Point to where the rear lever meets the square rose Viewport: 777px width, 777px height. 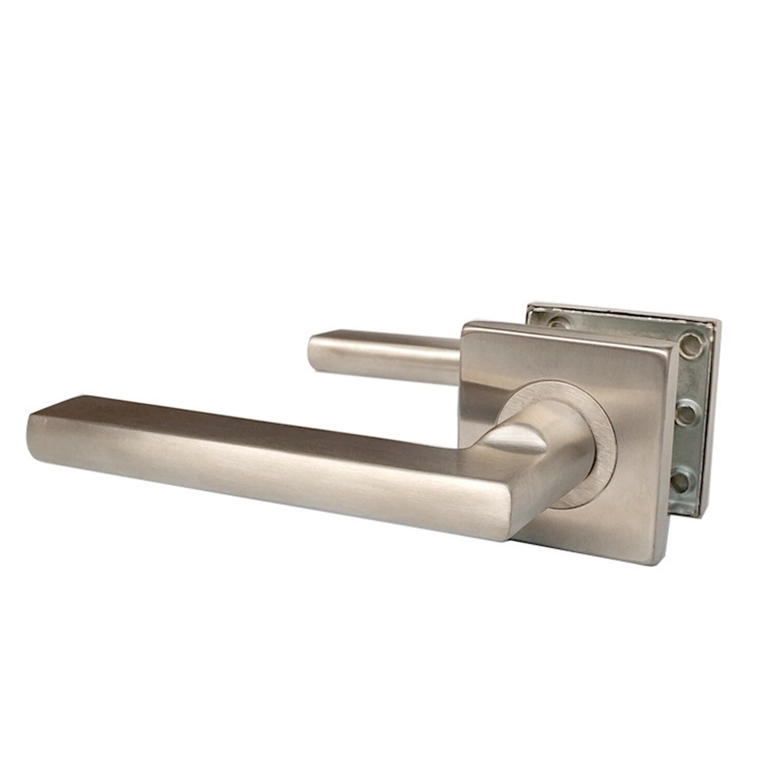pos(460,357)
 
